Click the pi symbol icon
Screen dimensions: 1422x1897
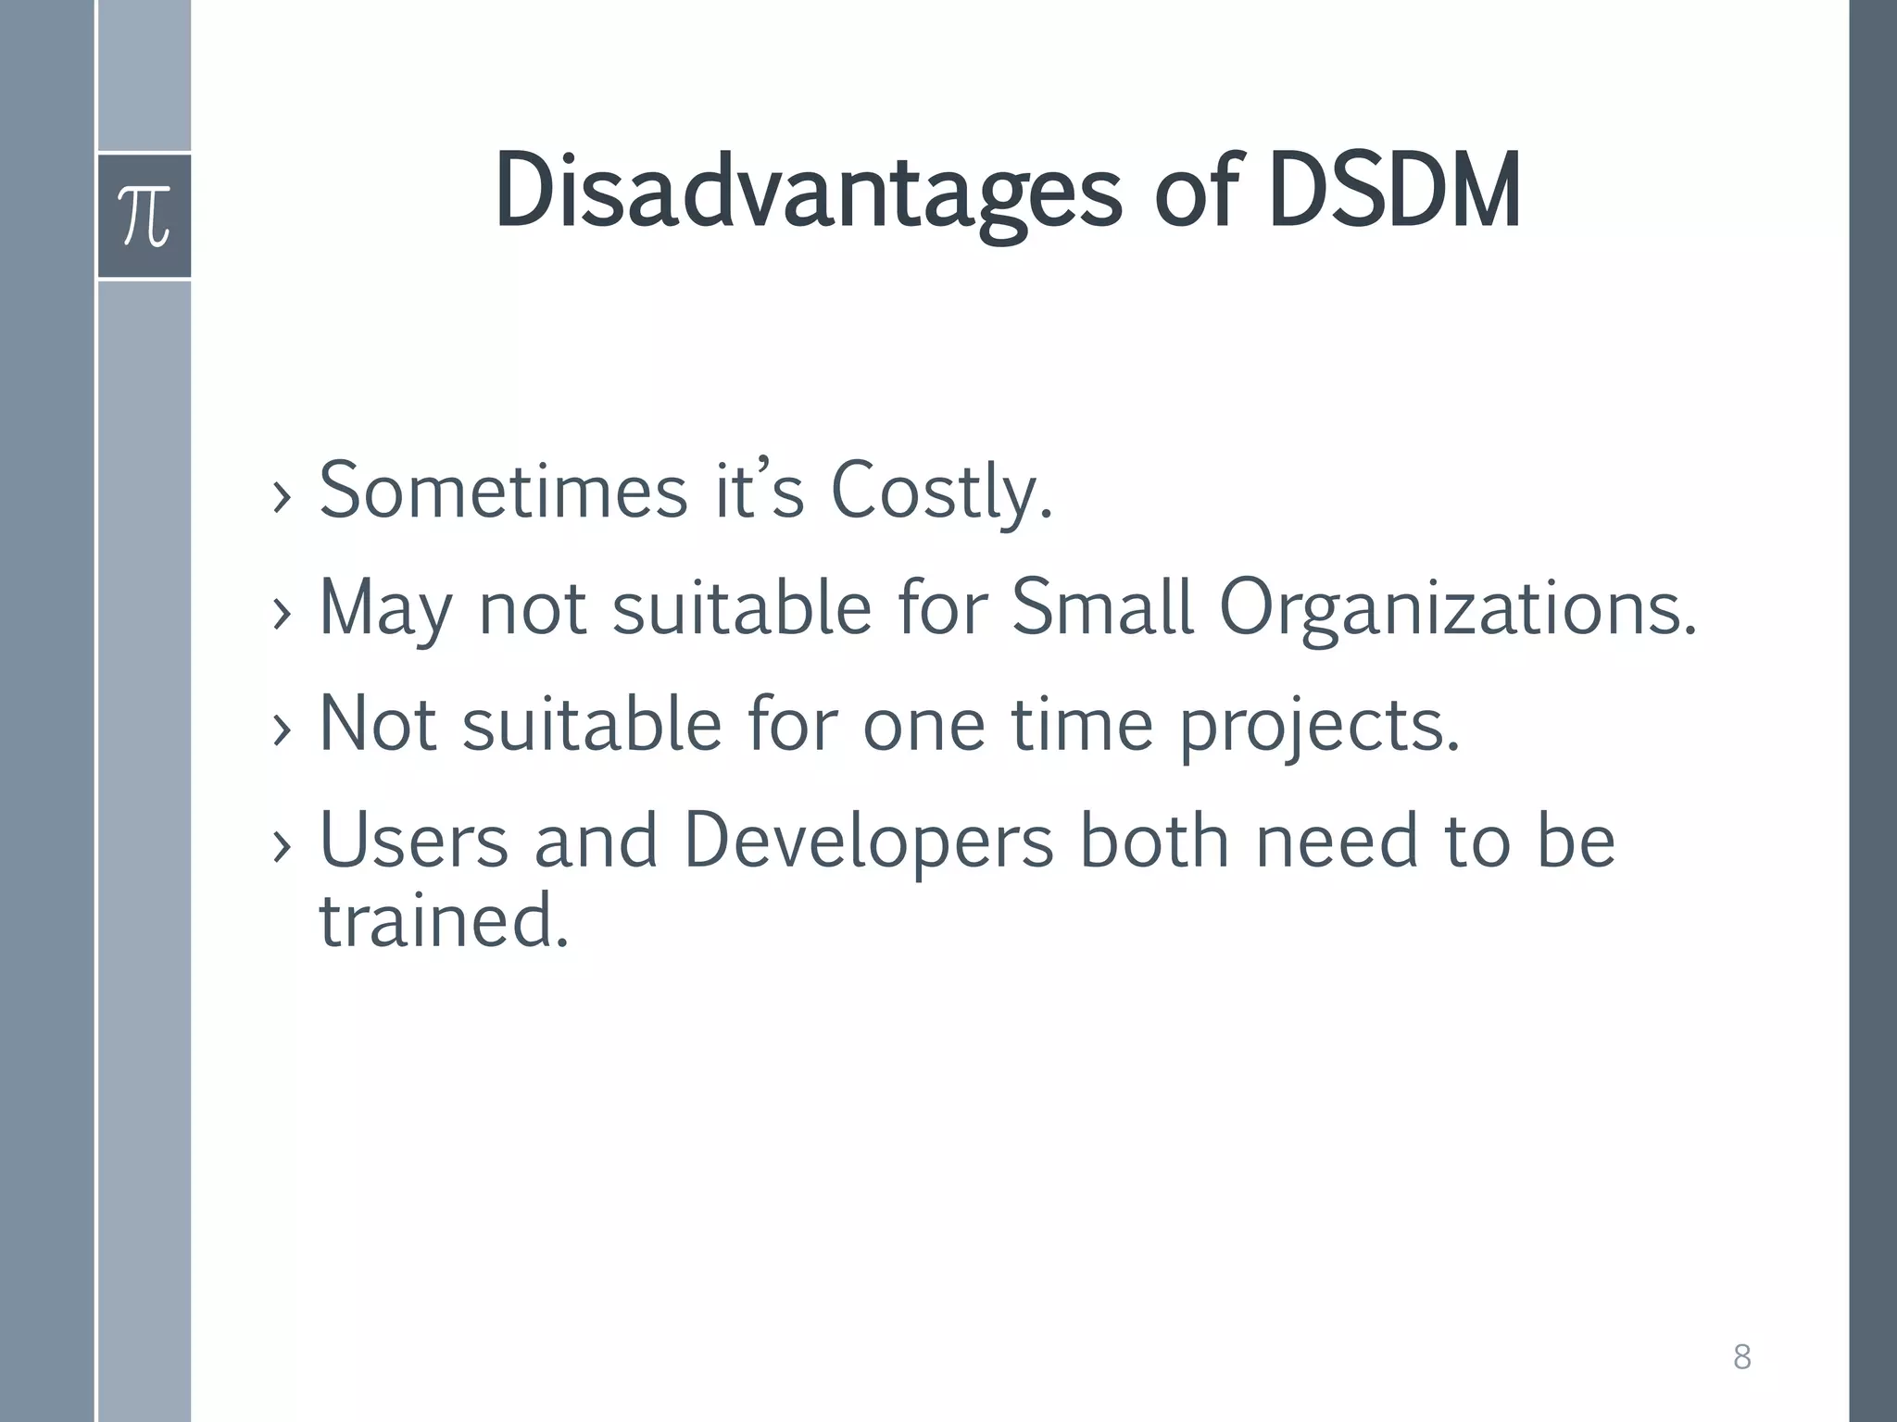(144, 216)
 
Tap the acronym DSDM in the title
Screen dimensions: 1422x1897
(1394, 193)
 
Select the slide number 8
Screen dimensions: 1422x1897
(1741, 1358)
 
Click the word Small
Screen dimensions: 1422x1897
(1101, 607)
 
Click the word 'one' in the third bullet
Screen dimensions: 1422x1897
(923, 726)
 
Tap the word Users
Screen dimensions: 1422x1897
(414, 841)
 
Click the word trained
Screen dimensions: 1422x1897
(443, 920)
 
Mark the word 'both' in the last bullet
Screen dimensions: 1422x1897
(1154, 841)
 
